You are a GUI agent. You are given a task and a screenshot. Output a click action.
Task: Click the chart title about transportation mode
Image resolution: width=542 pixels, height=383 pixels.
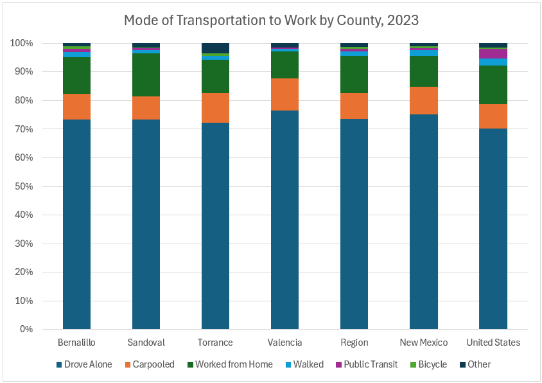click(271, 20)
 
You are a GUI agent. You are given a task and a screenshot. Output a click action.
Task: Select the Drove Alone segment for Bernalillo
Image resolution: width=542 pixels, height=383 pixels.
click(76, 224)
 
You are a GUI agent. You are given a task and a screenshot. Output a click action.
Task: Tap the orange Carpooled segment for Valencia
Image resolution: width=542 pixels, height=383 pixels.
click(284, 94)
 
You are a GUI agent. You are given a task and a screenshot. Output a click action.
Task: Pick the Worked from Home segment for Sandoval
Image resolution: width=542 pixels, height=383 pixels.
click(146, 75)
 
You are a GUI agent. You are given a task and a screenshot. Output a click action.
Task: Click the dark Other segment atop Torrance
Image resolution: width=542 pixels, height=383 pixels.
click(215, 48)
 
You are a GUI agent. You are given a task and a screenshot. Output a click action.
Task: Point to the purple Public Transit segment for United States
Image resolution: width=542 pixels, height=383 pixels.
click(493, 54)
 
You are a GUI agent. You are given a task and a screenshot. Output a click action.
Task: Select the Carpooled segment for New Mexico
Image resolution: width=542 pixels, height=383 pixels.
click(423, 100)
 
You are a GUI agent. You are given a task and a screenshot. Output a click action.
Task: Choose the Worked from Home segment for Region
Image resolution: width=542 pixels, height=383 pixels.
click(354, 75)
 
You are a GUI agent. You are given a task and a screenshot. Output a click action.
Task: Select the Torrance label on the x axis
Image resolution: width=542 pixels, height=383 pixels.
click(215, 343)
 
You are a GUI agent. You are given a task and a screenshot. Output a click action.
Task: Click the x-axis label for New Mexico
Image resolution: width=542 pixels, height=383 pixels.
click(423, 343)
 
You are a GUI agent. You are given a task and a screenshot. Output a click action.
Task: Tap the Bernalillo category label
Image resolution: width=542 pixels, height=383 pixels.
click(76, 343)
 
